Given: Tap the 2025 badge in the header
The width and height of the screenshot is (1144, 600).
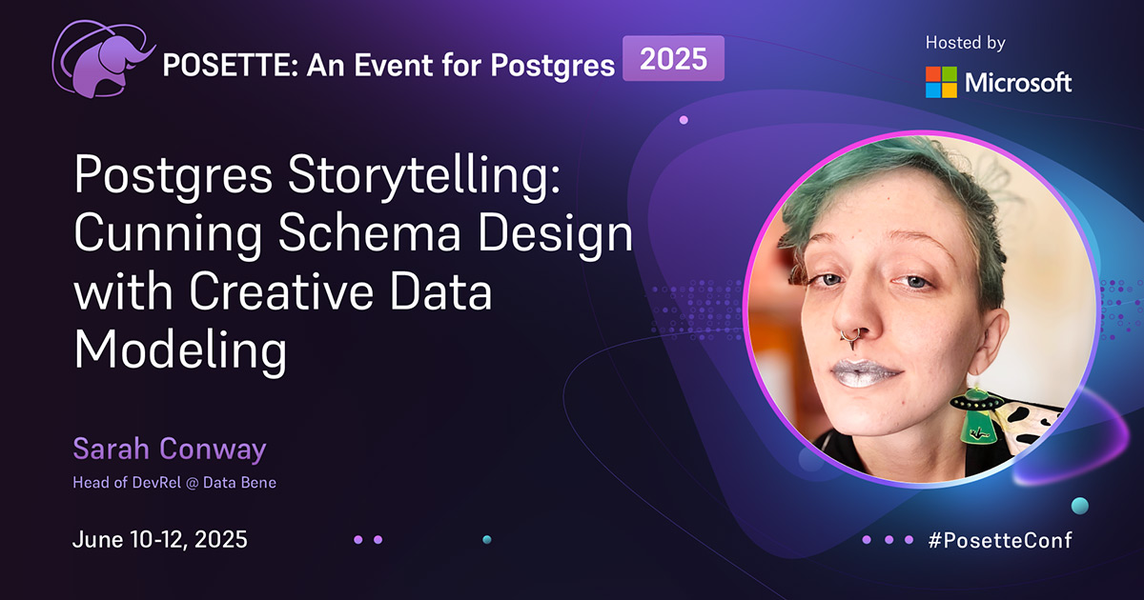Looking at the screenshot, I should click(x=673, y=59).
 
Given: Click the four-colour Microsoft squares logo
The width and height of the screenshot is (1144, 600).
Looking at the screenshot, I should click(x=942, y=82).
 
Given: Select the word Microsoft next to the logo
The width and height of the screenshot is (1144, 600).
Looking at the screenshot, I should click(x=1018, y=83).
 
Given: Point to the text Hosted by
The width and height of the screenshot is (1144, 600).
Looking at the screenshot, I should click(x=965, y=43).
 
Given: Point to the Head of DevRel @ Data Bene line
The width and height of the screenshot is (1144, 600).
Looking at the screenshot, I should click(x=174, y=483).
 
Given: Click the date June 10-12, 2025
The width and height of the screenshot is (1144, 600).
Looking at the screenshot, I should click(x=160, y=540).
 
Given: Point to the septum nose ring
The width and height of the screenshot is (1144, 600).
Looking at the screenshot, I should click(x=847, y=335).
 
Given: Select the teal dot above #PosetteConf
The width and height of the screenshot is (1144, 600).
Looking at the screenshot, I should click(x=1079, y=505).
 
